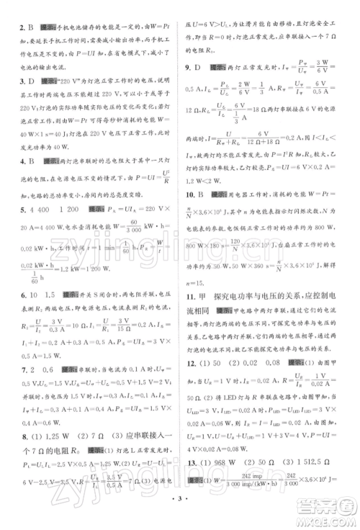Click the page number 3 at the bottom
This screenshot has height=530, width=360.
point(179,517)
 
